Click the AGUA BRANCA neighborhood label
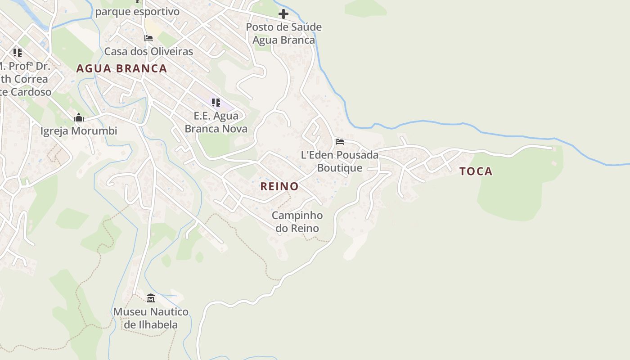click(121, 68)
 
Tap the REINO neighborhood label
click(279, 186)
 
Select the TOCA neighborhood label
click(476, 171)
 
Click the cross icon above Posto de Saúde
click(283, 14)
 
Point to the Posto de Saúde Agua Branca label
click(283, 33)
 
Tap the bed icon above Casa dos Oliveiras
click(148, 38)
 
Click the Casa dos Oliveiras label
click(148, 51)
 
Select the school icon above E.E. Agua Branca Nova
click(216, 103)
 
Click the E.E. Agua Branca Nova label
click(216, 122)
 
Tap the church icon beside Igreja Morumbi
click(79, 118)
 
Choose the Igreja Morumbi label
click(79, 131)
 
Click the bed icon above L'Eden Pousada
click(340, 142)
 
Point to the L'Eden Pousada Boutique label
click(340, 161)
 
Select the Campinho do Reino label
click(297, 222)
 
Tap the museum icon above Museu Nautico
click(151, 298)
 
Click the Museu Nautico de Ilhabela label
click(151, 318)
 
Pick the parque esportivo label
click(137, 12)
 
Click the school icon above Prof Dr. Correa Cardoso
click(18, 52)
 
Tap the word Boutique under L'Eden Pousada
click(340, 168)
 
